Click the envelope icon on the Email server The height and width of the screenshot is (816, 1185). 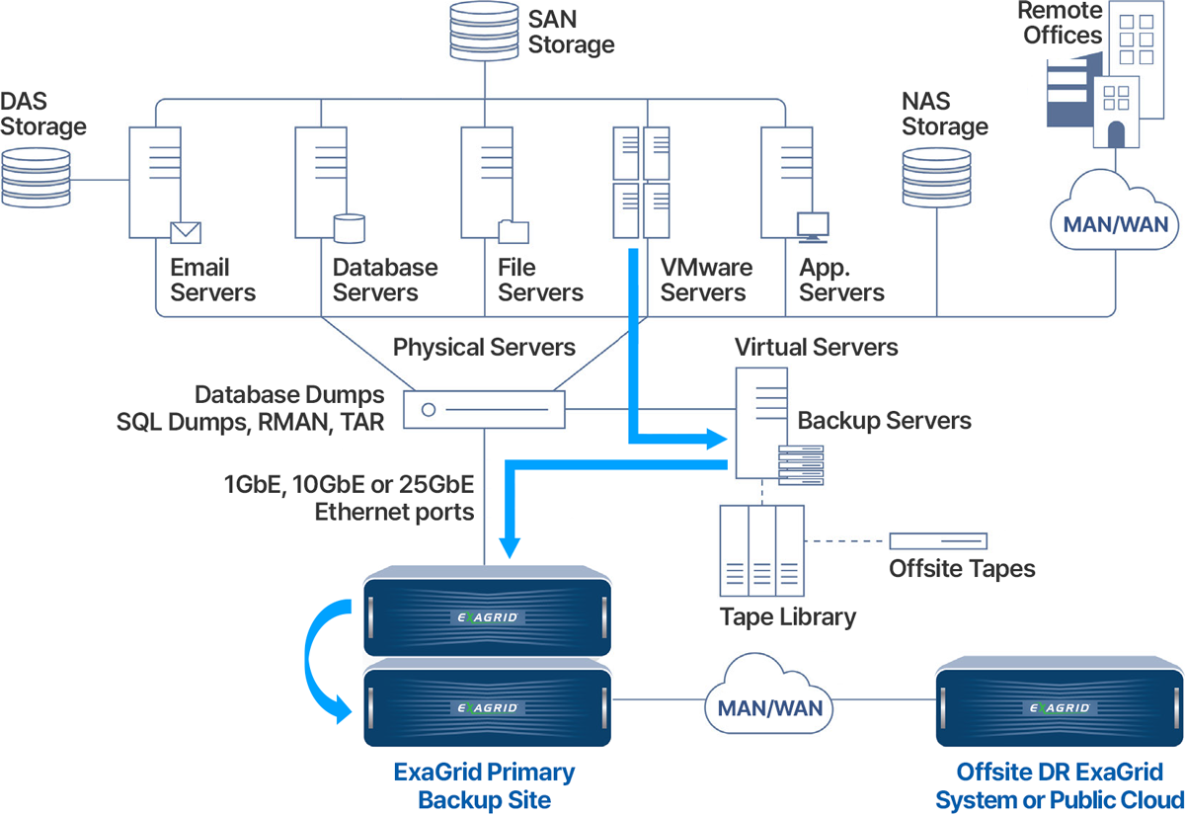tap(185, 232)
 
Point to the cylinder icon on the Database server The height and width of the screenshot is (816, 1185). tap(350, 229)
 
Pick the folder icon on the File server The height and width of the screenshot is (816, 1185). tap(513, 231)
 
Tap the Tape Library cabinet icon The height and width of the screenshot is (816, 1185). tap(762, 548)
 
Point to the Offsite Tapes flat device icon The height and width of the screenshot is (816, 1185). tap(938, 541)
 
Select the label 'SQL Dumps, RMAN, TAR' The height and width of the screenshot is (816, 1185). tap(251, 421)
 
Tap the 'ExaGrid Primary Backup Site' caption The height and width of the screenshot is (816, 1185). tap(484, 785)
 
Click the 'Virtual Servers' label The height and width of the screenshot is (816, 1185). tap(816, 347)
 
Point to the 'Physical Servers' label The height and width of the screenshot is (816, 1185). tap(484, 347)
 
